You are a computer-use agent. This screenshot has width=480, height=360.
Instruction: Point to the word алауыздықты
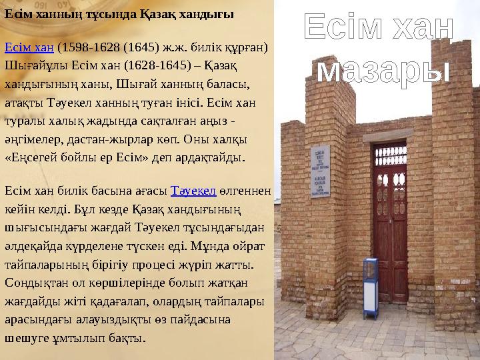[x=118, y=319]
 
